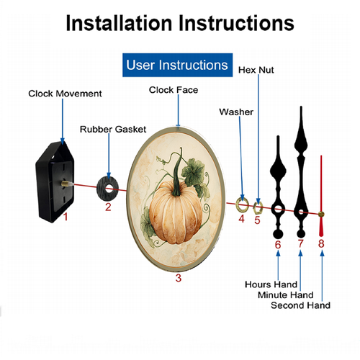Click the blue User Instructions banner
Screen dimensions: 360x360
click(x=177, y=65)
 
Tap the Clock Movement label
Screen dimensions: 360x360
click(x=65, y=94)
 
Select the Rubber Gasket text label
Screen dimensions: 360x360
click(x=113, y=130)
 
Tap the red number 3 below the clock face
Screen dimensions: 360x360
click(x=179, y=278)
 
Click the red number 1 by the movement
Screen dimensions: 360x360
click(x=66, y=217)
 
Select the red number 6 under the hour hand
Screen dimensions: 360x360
click(x=278, y=245)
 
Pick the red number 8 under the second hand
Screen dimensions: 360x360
click(x=321, y=243)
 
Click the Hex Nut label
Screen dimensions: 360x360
click(x=256, y=70)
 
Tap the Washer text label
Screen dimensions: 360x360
click(x=236, y=112)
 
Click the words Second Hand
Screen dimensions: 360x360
click(x=300, y=305)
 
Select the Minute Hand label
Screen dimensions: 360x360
click(x=286, y=294)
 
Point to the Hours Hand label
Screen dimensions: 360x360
click(x=271, y=284)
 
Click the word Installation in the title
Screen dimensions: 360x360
click(x=119, y=23)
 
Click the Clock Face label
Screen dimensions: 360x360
click(x=174, y=90)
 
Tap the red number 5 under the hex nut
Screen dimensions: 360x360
click(x=257, y=220)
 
